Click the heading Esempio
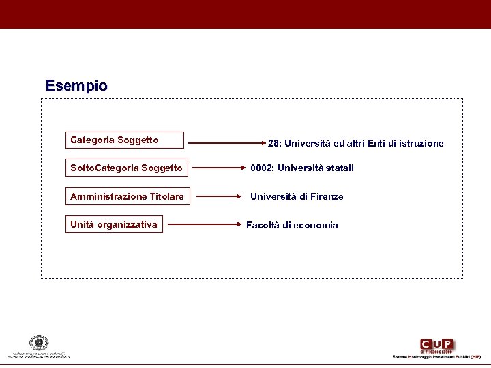(x=76, y=86)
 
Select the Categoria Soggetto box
(x=125, y=140)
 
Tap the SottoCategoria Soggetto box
(x=127, y=168)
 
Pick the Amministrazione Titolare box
(x=127, y=196)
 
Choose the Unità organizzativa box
(x=115, y=224)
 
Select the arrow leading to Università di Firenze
(x=219, y=196)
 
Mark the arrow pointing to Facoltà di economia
(x=207, y=224)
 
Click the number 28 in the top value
(x=273, y=143)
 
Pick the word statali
(x=338, y=168)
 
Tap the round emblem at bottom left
(x=39, y=343)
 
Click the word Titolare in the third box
(x=166, y=196)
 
